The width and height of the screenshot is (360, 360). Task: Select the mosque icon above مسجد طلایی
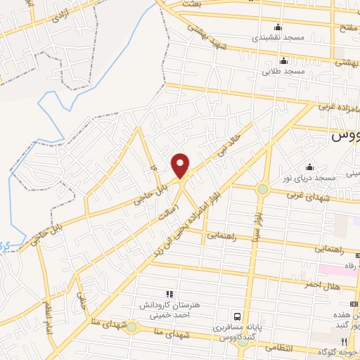point(283,60)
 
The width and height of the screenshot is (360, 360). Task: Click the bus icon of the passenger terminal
point(238,317)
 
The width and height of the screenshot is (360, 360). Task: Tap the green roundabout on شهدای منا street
point(131,326)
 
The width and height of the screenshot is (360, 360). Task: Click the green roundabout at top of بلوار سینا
point(262,188)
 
